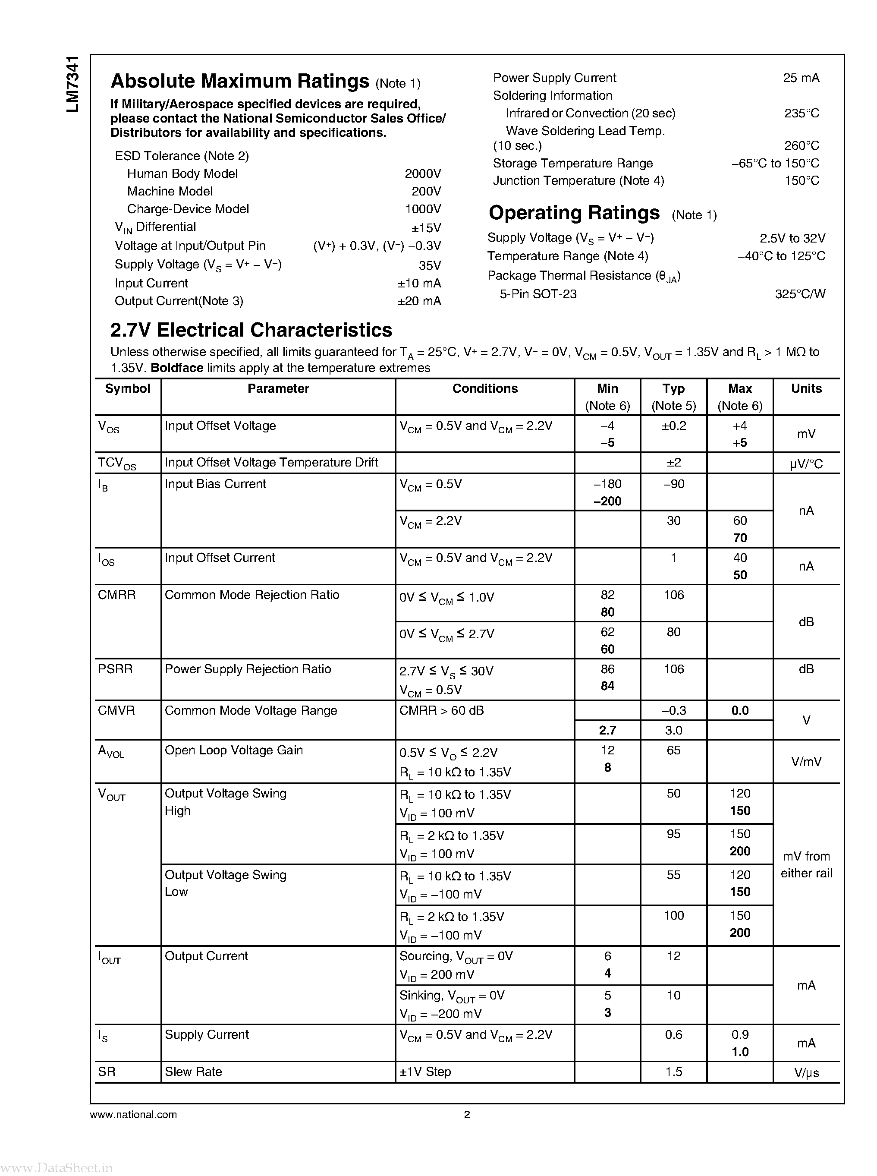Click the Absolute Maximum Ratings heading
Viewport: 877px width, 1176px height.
239,81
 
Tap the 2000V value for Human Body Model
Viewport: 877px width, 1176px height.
423,173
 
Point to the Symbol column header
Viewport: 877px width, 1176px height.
127,388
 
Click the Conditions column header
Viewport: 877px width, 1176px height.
485,388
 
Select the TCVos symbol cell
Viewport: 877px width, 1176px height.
117,463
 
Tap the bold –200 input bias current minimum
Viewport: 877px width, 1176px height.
607,501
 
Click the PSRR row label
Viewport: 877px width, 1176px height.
115,669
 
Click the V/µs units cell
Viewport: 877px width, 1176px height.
806,1072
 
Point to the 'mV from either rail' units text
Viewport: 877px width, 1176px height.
806,865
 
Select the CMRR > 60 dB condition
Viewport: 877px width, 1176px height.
441,710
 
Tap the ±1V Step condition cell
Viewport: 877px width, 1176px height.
425,1072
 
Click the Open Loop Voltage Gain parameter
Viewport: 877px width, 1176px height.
233,750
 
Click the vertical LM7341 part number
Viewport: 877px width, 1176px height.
73,83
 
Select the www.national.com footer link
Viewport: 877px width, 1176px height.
133,1114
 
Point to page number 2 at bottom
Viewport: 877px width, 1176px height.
467,1114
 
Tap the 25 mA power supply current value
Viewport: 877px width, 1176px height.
801,78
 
